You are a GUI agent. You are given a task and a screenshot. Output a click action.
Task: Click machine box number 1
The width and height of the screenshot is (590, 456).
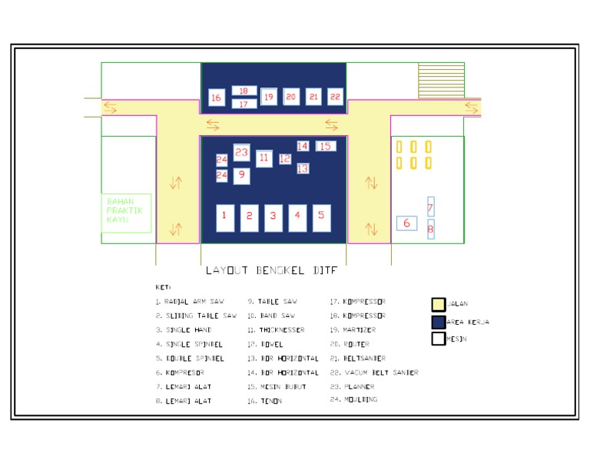click(224, 217)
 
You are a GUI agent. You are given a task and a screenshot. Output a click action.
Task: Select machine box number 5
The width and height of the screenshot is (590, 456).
click(321, 217)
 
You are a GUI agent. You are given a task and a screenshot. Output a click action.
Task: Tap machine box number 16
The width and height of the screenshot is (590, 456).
click(216, 97)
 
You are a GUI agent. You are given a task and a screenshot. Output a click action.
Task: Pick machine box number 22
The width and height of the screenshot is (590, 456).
click(335, 97)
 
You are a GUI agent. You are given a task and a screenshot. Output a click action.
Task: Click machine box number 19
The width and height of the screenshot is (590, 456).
click(269, 97)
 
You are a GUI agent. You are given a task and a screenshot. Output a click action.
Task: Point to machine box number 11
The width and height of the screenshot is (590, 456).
click(264, 159)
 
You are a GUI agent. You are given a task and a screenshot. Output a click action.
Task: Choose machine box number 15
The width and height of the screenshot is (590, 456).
click(326, 146)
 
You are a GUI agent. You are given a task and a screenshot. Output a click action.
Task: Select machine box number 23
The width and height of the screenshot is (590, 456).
click(242, 153)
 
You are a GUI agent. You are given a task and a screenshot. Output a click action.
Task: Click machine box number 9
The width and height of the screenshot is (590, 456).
click(242, 176)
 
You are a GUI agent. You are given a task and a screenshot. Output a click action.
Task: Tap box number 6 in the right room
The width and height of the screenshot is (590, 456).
click(406, 223)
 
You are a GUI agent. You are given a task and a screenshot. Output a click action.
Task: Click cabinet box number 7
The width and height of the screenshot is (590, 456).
click(431, 207)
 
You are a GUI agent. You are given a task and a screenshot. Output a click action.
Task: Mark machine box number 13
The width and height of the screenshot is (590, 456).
click(303, 168)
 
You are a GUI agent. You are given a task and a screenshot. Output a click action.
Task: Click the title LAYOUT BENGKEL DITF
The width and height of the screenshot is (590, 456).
click(271, 270)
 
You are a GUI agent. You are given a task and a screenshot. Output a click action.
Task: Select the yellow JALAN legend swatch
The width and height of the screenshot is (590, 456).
click(439, 305)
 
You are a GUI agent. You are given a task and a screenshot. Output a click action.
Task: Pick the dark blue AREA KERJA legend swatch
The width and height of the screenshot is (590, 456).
click(439, 322)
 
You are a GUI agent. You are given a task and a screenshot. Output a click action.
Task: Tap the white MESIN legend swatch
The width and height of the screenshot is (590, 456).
click(439, 338)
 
